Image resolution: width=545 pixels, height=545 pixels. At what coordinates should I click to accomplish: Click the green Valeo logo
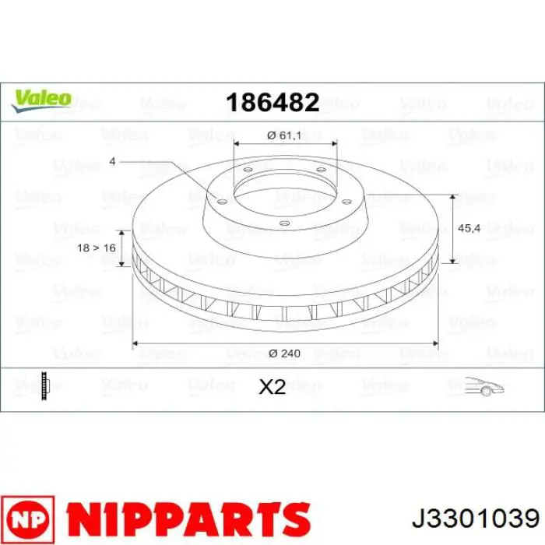tap(41, 99)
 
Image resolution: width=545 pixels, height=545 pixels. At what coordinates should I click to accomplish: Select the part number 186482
tap(272, 101)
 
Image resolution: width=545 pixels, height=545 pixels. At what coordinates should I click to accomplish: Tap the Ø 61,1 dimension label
tap(284, 135)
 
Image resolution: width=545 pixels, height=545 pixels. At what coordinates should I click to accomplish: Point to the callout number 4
tap(113, 161)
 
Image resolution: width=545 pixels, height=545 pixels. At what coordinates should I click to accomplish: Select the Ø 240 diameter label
tap(284, 353)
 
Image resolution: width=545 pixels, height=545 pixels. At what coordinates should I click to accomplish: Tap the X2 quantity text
tap(272, 386)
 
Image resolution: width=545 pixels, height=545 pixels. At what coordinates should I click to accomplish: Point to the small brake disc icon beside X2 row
tap(46, 385)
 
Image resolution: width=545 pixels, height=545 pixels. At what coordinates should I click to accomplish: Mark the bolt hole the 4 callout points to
tap(221, 200)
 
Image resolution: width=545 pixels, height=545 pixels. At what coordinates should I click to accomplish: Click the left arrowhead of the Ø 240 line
tap(135, 342)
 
